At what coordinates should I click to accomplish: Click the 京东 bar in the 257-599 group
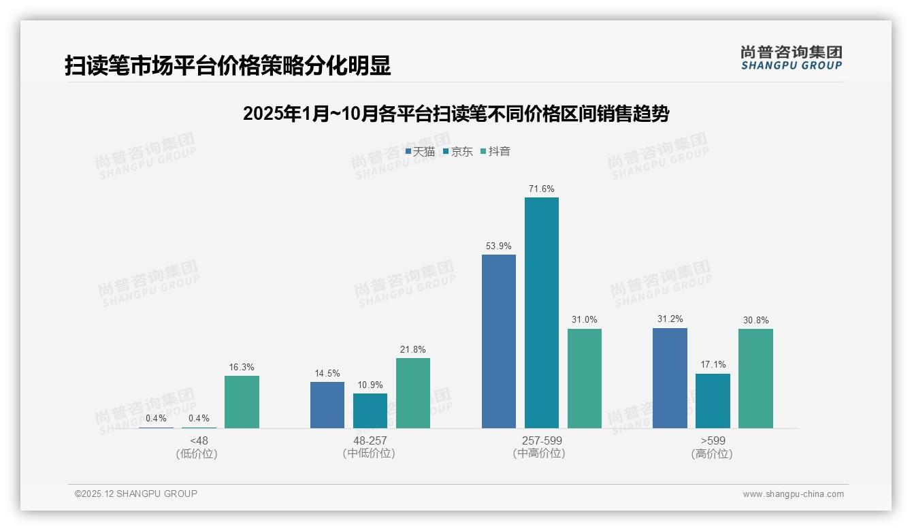coord(542,312)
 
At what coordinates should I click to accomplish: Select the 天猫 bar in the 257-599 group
coord(499,341)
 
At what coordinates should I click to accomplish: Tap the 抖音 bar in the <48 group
coord(242,402)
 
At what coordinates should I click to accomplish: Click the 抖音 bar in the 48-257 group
coord(413,393)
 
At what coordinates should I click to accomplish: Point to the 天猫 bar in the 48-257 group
coord(327,404)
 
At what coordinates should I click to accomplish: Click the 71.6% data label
coord(542,189)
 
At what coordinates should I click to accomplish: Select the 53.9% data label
coord(499,246)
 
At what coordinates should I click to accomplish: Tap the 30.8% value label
coord(755,320)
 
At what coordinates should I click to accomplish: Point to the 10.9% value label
coord(370,385)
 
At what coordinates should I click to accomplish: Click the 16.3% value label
coord(242,367)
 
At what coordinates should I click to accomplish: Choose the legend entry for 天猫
coord(420,151)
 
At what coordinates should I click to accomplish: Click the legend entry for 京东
coord(458,151)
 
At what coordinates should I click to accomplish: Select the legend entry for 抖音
coord(495,151)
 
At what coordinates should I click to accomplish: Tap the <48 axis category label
coord(199,440)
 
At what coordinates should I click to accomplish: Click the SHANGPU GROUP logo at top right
coord(791,58)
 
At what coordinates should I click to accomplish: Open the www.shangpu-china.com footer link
coord(793,494)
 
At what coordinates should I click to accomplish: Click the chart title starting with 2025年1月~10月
coord(456,114)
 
